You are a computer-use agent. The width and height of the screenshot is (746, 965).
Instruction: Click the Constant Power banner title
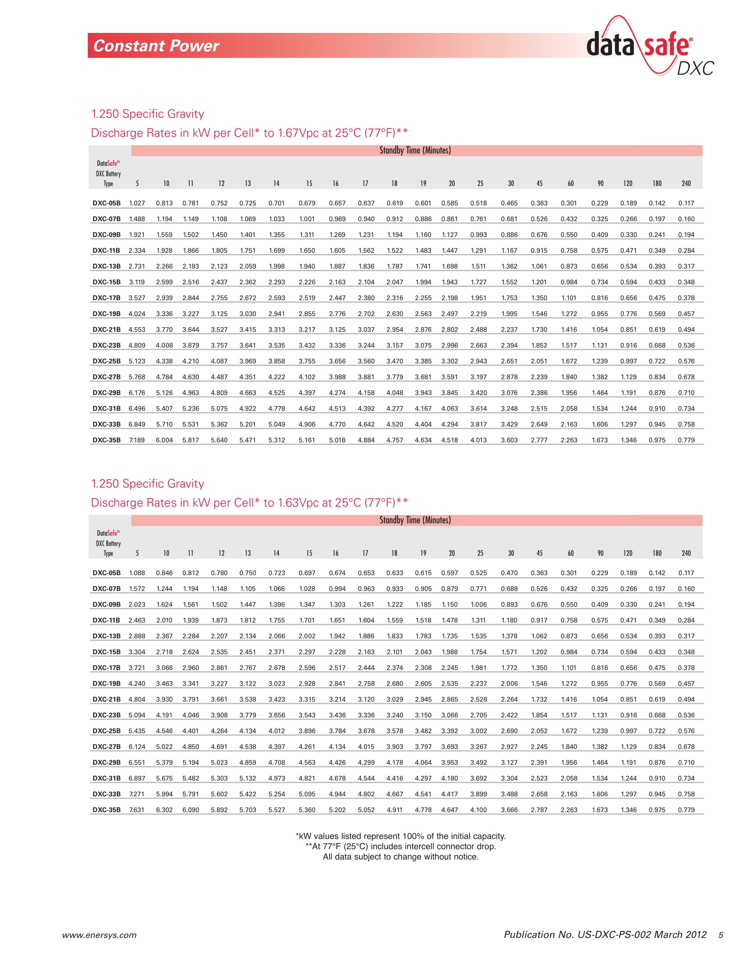click(156, 46)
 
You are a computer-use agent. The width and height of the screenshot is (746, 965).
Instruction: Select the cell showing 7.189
click(136, 440)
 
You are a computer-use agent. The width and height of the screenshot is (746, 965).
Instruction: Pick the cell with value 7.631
click(136, 810)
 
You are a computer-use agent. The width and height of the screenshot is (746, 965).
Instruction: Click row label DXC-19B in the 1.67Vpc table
click(107, 314)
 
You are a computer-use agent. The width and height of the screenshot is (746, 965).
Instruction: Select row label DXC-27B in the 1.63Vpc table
click(107, 747)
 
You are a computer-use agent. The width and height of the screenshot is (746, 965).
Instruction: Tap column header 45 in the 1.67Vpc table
click(539, 183)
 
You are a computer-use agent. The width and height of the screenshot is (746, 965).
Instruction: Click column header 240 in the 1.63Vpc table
click(686, 553)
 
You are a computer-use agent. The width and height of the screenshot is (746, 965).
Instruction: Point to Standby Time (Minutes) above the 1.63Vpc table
click(415, 520)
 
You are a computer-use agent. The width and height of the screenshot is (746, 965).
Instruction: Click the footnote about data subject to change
click(400, 857)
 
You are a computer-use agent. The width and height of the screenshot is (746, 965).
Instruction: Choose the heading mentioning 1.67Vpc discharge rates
click(249, 133)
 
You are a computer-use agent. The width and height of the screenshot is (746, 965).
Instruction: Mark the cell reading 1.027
click(137, 203)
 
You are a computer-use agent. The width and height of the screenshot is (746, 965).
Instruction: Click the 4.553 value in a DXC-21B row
click(136, 329)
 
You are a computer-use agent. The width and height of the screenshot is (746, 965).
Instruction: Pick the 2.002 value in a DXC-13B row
click(307, 636)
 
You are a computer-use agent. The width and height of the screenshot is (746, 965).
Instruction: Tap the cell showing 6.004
click(164, 440)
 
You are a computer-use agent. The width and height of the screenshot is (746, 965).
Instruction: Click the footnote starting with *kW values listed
click(400, 836)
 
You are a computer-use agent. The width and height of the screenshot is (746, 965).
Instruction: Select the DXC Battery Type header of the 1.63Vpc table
click(108, 543)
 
